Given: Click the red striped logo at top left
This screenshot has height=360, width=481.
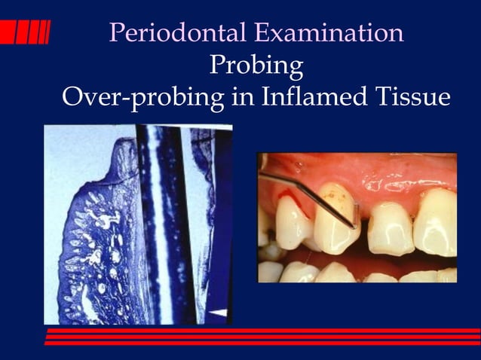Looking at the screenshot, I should (25, 32).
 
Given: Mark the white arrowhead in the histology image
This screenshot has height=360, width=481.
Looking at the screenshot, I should (218, 310).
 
